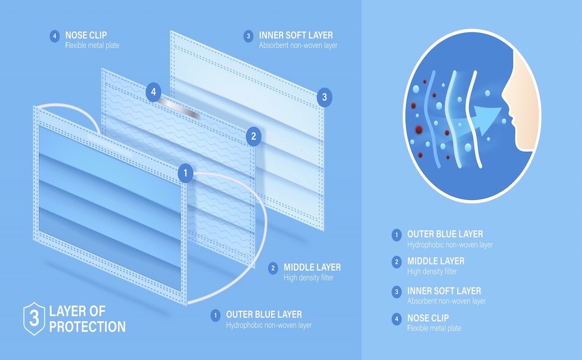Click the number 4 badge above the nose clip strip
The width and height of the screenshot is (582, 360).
click(x=154, y=92)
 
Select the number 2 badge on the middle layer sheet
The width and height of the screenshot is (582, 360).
click(x=253, y=136)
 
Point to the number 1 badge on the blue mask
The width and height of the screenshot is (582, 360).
click(x=186, y=173)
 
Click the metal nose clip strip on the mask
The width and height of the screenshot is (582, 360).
click(x=181, y=110)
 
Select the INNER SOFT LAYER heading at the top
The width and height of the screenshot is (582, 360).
click(x=296, y=35)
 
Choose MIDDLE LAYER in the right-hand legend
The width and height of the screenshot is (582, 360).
click(x=436, y=262)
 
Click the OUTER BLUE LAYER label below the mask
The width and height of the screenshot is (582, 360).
click(x=264, y=314)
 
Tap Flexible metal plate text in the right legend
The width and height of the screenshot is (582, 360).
click(x=434, y=328)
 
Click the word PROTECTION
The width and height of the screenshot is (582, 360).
click(x=88, y=327)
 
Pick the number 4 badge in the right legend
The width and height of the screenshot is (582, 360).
click(x=396, y=320)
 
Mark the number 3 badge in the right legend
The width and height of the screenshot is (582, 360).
click(x=396, y=292)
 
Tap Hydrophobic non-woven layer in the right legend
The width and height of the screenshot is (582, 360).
click(x=450, y=245)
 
